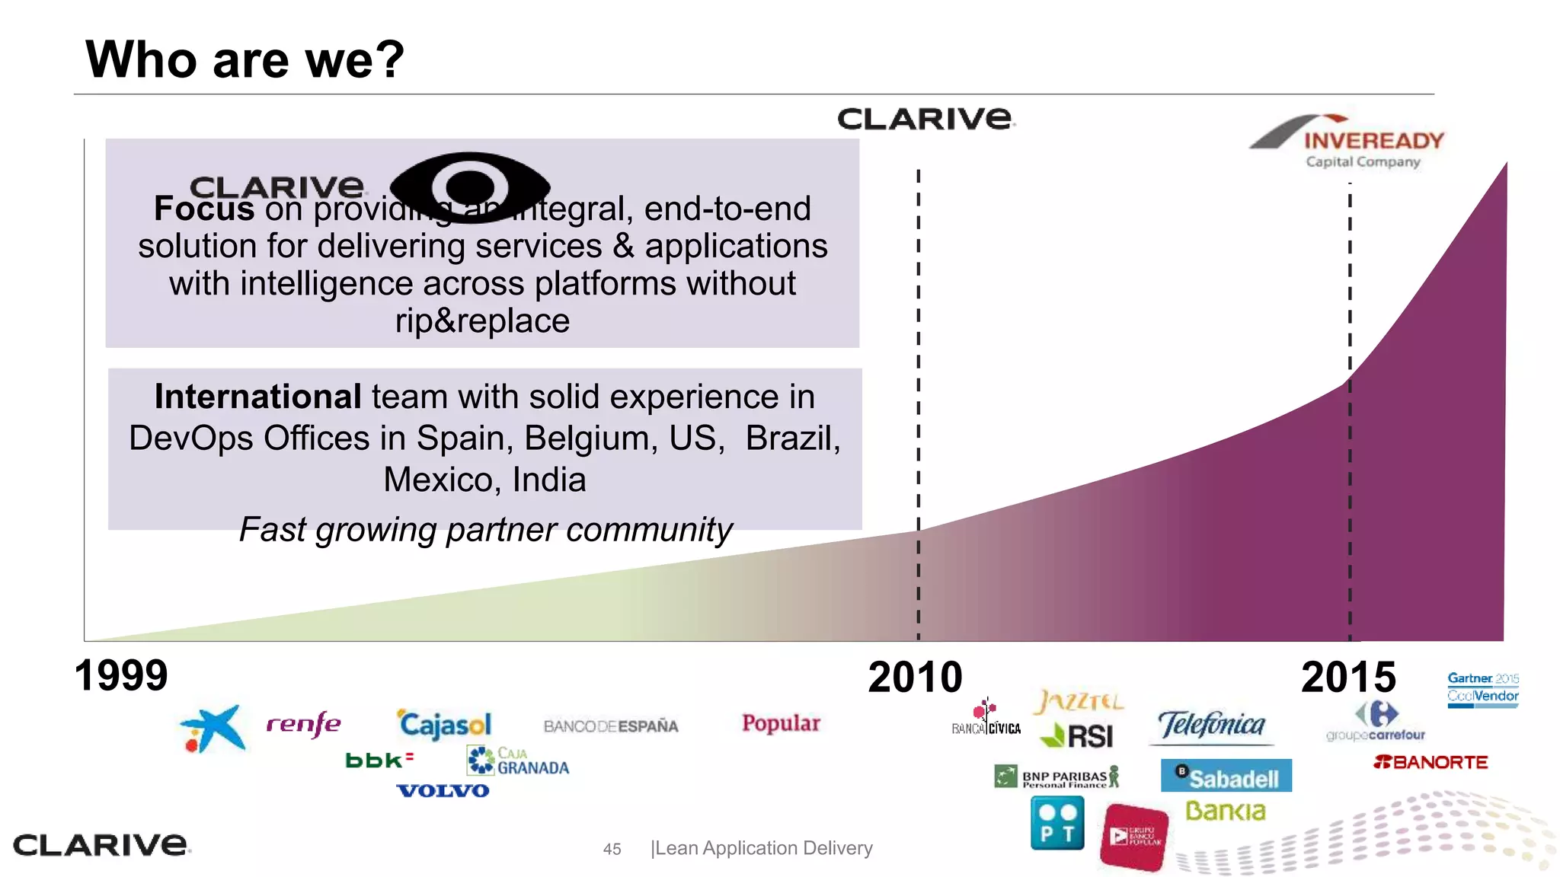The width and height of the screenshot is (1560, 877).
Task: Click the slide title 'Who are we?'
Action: [245, 59]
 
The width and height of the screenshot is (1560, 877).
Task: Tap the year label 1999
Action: [121, 676]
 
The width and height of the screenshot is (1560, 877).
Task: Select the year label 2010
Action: [915, 678]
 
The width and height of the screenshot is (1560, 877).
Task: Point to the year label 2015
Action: [1348, 678]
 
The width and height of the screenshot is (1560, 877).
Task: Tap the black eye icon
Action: [470, 187]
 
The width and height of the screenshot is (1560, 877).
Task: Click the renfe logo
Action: [303, 724]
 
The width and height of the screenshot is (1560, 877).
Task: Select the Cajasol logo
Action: [445, 724]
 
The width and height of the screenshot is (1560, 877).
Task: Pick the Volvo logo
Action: [443, 791]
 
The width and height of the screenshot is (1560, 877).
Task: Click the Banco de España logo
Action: [611, 726]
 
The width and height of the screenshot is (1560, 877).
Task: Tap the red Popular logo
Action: [781, 723]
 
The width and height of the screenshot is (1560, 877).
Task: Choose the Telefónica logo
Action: [1211, 726]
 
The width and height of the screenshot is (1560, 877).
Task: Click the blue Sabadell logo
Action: [1226, 777]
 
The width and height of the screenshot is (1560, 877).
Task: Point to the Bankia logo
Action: [1225, 812]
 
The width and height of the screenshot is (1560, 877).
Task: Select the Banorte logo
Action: [1430, 762]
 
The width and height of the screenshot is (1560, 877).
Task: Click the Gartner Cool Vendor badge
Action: [1482, 688]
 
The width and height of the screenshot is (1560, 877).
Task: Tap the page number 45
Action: [612, 849]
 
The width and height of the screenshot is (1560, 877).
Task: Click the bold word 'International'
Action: [257, 397]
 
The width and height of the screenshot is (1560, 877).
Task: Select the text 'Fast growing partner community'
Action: [485, 530]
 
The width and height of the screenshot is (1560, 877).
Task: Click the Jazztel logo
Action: [1078, 701]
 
